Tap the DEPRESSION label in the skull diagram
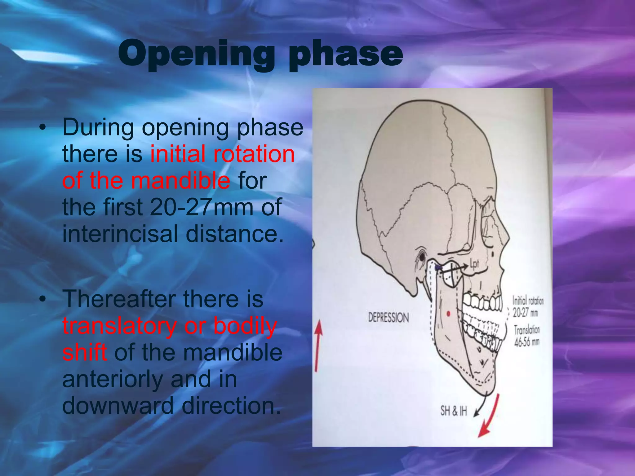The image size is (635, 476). coord(389,318)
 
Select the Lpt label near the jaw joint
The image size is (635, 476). coord(474,264)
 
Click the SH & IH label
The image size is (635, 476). coord(453,411)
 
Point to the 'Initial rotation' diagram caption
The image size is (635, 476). coord(528,301)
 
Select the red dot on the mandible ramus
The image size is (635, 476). coord(448,314)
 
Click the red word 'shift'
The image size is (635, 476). coord(84,353)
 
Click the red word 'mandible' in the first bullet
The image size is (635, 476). coord(180,180)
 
